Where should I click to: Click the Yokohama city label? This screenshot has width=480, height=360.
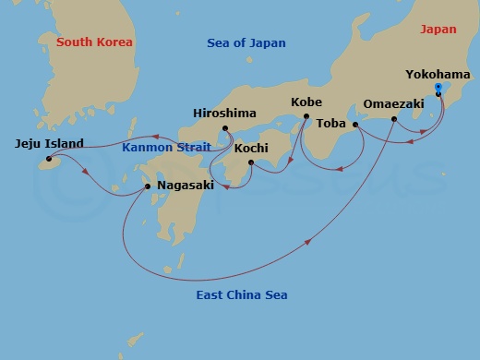437,75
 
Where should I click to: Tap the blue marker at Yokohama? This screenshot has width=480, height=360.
438,88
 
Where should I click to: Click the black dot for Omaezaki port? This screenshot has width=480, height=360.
394,118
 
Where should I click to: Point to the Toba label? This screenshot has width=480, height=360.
330,122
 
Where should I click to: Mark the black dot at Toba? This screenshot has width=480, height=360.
355,124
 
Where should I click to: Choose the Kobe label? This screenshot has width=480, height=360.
306,102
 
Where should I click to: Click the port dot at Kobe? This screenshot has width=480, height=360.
306,116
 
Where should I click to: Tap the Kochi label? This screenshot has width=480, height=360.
251,148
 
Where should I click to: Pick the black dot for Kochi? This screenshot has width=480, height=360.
251,163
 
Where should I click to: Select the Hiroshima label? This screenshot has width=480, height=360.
224,113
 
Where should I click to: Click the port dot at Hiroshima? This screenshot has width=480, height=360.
224,127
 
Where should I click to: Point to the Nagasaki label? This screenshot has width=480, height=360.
186,186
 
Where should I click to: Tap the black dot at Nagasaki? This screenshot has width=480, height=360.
148,186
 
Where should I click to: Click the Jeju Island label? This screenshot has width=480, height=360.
49,143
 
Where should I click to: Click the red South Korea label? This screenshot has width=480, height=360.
94,42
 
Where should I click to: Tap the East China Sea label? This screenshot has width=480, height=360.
242,295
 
